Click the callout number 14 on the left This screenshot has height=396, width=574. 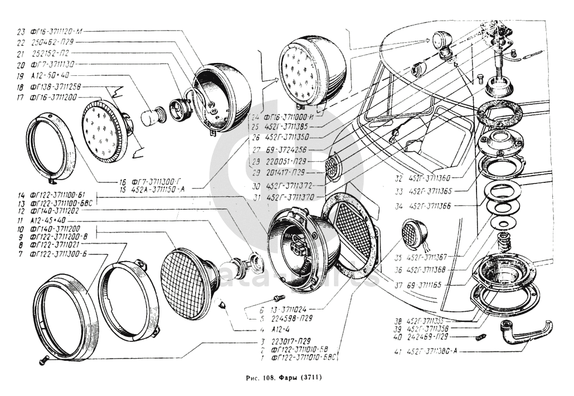click(x=21, y=196)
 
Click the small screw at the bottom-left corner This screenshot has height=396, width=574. click(x=42, y=362)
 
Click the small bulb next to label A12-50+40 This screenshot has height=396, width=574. click(x=149, y=118)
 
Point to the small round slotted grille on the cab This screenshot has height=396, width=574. click(x=333, y=167)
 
